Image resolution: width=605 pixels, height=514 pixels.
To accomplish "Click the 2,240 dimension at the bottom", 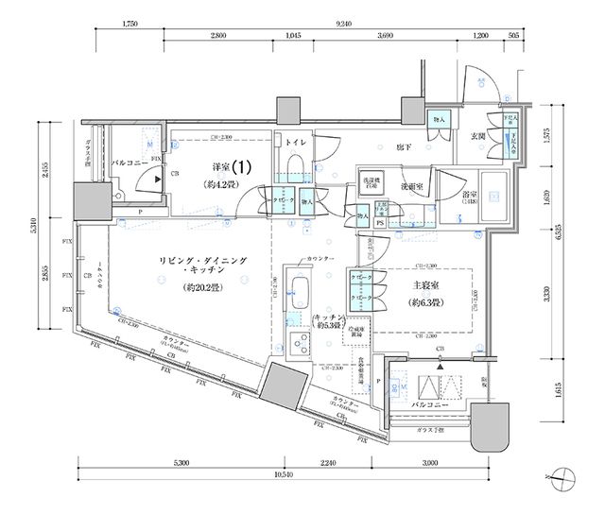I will coord(328,463).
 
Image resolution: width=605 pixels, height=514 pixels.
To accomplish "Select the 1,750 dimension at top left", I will coord(130,22).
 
